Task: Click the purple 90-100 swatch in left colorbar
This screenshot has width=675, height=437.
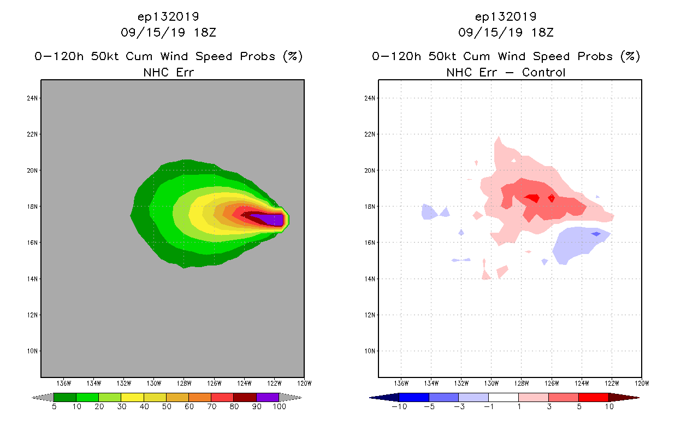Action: [x=268, y=397]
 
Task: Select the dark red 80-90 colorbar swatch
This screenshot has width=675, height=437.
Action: [x=245, y=397]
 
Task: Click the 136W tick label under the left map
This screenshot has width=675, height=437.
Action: [x=64, y=383]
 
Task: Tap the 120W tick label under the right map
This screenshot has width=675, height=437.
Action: [x=642, y=383]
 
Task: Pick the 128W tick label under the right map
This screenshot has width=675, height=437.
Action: [x=522, y=383]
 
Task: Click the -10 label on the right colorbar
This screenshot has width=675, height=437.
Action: [x=398, y=406]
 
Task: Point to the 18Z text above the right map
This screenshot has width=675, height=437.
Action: [x=543, y=32]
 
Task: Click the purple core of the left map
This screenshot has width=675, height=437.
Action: [x=270, y=220]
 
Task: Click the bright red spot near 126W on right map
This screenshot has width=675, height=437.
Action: [x=552, y=198]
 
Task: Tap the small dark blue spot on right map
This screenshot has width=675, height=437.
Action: [x=596, y=234]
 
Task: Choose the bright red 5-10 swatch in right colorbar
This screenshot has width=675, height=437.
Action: [x=593, y=397]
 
